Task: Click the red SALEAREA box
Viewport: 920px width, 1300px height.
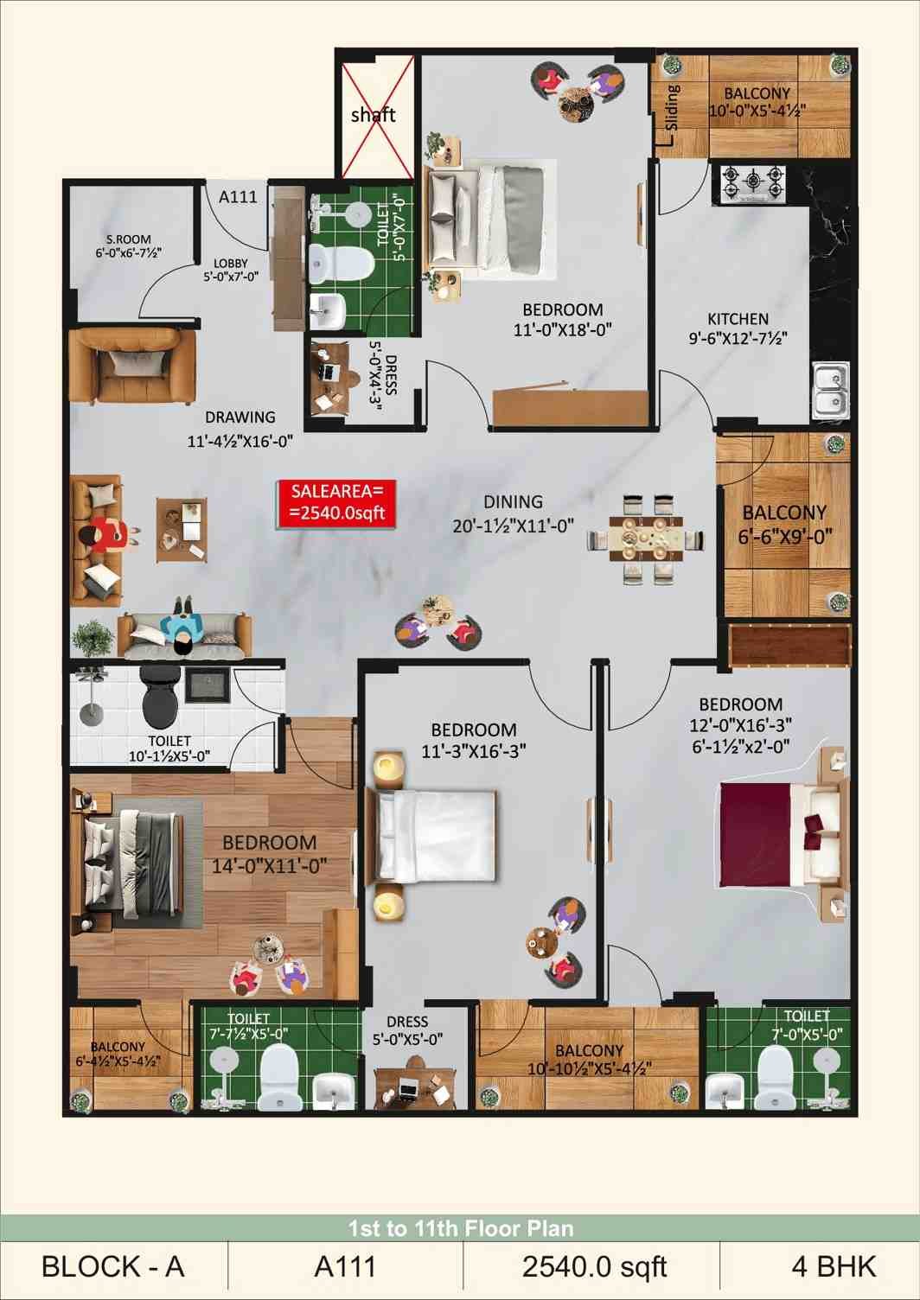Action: click(336, 504)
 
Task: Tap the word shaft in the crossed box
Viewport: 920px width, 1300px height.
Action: click(374, 115)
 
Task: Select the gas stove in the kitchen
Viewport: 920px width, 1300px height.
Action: click(753, 184)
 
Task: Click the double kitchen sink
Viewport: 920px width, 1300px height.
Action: click(831, 390)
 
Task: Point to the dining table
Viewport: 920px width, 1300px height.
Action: click(645, 539)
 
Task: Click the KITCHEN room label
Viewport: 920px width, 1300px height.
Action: click(738, 319)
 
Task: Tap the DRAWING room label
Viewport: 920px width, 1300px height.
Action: click(240, 417)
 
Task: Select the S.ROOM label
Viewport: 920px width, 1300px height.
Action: click(128, 239)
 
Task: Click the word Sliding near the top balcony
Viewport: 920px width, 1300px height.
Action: click(672, 107)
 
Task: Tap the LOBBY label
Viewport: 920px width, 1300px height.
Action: click(231, 263)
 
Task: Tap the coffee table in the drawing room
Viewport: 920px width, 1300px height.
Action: click(181, 530)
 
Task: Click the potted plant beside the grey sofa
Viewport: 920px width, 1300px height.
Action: click(93, 639)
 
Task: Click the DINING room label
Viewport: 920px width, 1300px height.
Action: click(513, 500)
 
